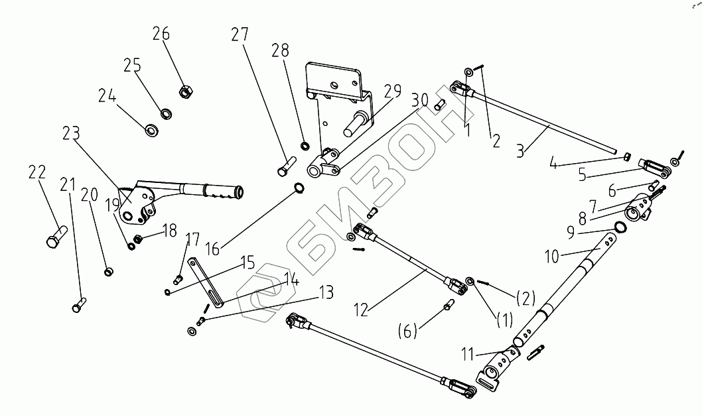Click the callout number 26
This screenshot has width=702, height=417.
coord(161,34)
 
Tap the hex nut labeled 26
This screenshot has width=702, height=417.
coord(185,91)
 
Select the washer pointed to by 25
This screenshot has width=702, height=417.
coord(166,113)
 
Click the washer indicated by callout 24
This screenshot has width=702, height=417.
coord(152,130)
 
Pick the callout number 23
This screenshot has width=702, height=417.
coord(71,133)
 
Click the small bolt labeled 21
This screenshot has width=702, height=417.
coord(79,304)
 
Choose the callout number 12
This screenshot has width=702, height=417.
coord(361,309)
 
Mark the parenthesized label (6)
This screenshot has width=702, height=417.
coord(407,331)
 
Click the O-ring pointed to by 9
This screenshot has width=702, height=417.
coord(620,227)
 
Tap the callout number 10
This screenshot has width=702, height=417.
coord(552,257)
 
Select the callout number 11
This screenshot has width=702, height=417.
coord(468,355)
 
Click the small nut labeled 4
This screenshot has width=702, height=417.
coord(628,156)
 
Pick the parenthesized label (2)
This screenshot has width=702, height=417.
coord(525,298)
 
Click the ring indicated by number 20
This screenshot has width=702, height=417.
coord(108,271)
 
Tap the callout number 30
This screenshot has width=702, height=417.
coord(420,100)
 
